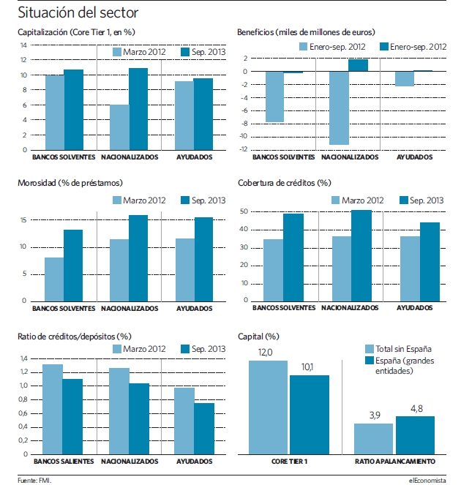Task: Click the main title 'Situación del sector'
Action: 78,13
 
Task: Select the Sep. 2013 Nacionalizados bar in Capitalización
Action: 138,109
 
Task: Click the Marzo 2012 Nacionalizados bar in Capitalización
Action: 119,127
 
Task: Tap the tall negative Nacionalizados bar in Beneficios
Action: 339,108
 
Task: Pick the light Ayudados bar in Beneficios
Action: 405,79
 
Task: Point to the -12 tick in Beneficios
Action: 244,149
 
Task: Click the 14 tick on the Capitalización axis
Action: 23,45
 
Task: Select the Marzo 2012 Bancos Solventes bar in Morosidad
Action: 54,279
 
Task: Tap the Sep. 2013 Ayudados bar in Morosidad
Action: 203,260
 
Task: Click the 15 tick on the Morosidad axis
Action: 23,220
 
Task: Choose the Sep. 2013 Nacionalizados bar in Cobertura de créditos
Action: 361,256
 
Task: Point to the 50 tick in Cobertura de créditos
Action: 244,211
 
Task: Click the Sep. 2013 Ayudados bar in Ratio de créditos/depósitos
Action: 204,429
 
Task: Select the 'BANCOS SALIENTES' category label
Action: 64,462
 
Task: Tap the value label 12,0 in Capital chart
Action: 265,353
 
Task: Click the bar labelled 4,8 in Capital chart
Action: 415,435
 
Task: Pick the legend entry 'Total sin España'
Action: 399,349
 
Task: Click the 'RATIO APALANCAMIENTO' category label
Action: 395,462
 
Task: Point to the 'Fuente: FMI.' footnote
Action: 34,481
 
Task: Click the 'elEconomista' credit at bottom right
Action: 427,481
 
